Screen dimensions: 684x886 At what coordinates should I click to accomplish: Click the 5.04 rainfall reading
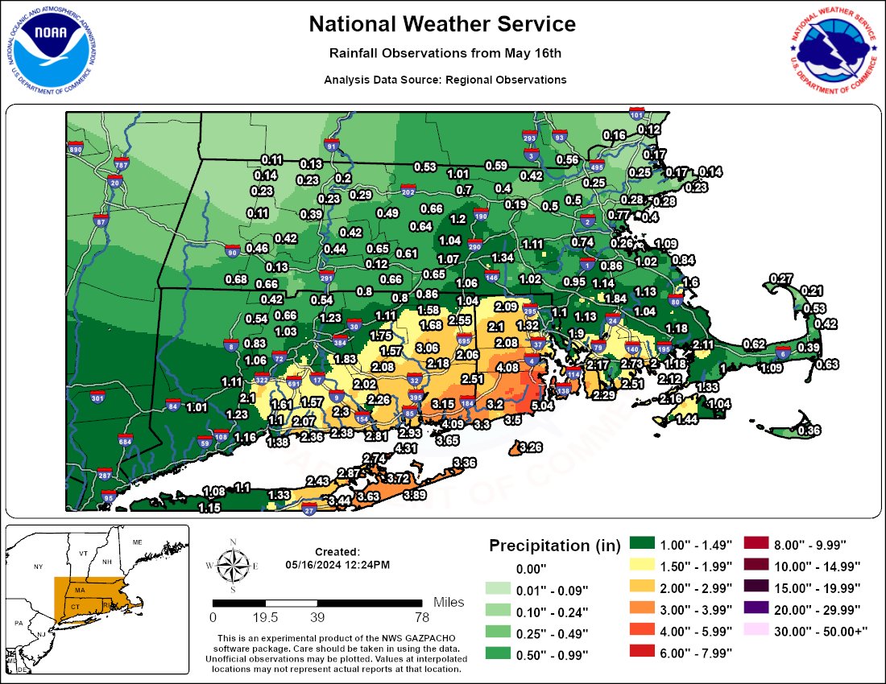543,406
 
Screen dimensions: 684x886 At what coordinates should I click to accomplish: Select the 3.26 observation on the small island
531,447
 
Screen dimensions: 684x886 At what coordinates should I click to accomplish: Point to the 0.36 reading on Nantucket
809,431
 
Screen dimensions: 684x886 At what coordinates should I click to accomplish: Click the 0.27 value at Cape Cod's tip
781,278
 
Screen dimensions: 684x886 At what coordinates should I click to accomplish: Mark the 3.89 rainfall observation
415,494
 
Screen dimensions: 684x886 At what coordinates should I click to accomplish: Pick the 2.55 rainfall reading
459,319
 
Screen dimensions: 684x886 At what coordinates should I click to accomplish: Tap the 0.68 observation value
236,279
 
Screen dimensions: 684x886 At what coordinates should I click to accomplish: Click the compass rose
233,565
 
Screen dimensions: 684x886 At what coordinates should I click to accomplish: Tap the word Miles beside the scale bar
449,602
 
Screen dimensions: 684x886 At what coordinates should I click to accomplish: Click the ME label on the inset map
137,542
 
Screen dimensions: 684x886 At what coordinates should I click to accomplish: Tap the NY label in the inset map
37,567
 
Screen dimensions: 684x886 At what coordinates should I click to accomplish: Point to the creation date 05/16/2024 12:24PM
337,565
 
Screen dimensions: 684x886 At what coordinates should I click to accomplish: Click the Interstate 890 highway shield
77,150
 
